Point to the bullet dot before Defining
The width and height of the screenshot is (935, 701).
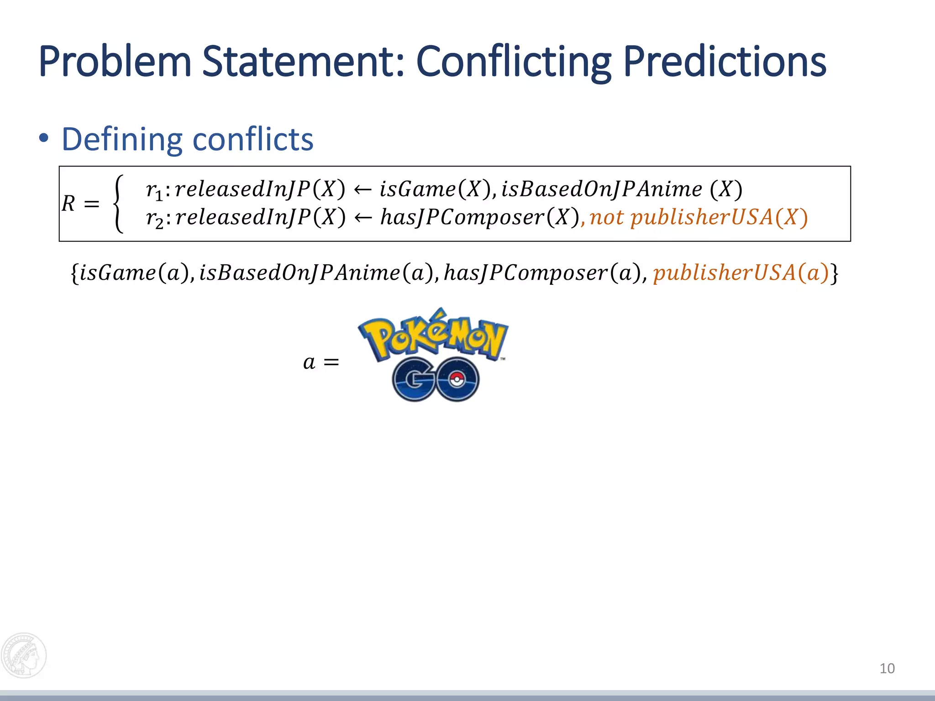[x=44, y=138]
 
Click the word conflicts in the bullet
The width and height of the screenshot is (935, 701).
[x=253, y=139]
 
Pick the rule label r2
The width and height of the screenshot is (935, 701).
[x=154, y=218]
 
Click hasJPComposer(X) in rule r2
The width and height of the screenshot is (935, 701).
[x=480, y=217]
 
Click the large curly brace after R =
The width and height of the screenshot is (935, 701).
[x=118, y=204]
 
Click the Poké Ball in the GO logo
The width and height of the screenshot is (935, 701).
[x=456, y=379]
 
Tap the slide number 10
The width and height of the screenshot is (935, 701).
[x=887, y=669]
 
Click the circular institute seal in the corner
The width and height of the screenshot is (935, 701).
[x=24, y=655]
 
